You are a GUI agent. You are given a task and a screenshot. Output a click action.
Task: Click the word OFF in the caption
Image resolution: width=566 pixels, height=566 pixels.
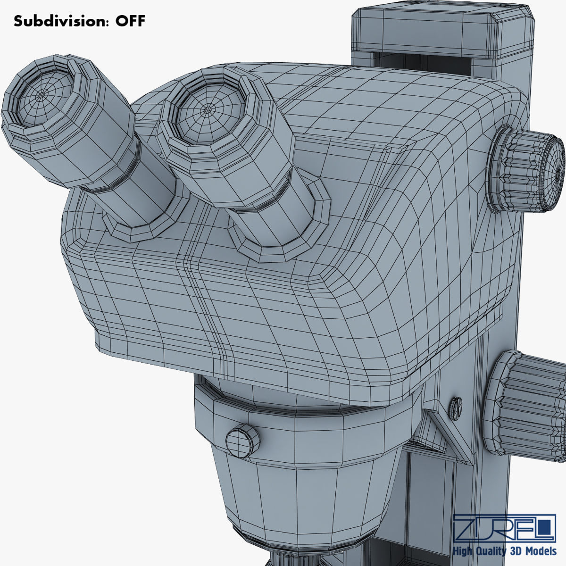coord(128,21)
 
